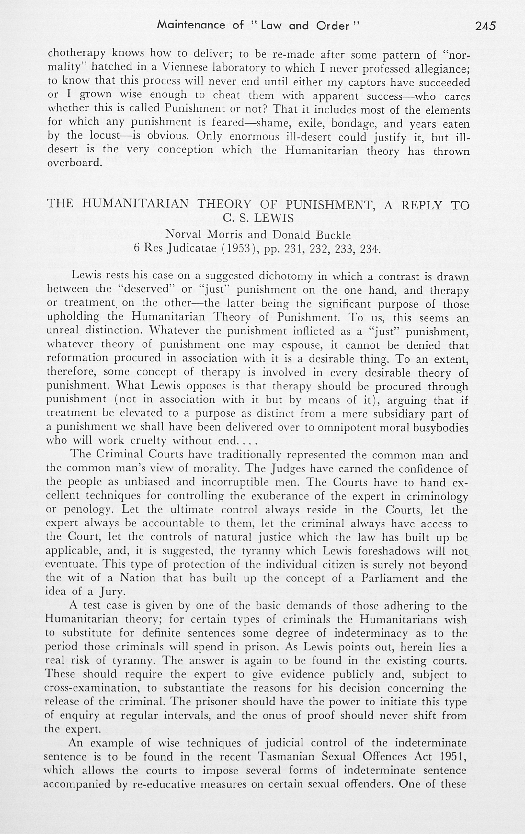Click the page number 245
(485, 26)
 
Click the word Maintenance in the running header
(191, 25)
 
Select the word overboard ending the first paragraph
(74, 163)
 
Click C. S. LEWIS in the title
(258, 218)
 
